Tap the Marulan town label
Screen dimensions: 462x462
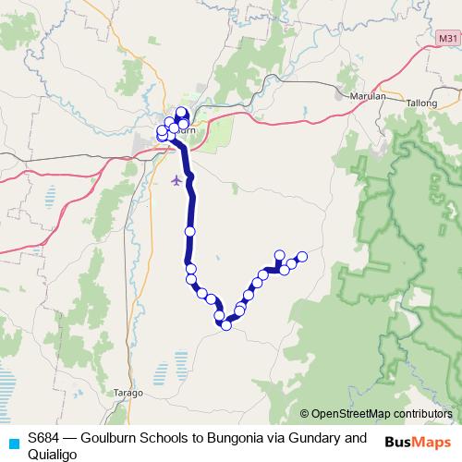(368, 95)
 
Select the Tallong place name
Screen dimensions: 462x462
(422, 103)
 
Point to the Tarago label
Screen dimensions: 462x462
(129, 393)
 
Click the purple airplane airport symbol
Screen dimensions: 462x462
(177, 178)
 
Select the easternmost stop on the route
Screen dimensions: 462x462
(301, 256)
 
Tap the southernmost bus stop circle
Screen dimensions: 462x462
(225, 325)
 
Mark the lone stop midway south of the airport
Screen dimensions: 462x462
(189, 231)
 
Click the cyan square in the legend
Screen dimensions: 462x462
(13, 444)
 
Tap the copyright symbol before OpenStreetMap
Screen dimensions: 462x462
(305, 414)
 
